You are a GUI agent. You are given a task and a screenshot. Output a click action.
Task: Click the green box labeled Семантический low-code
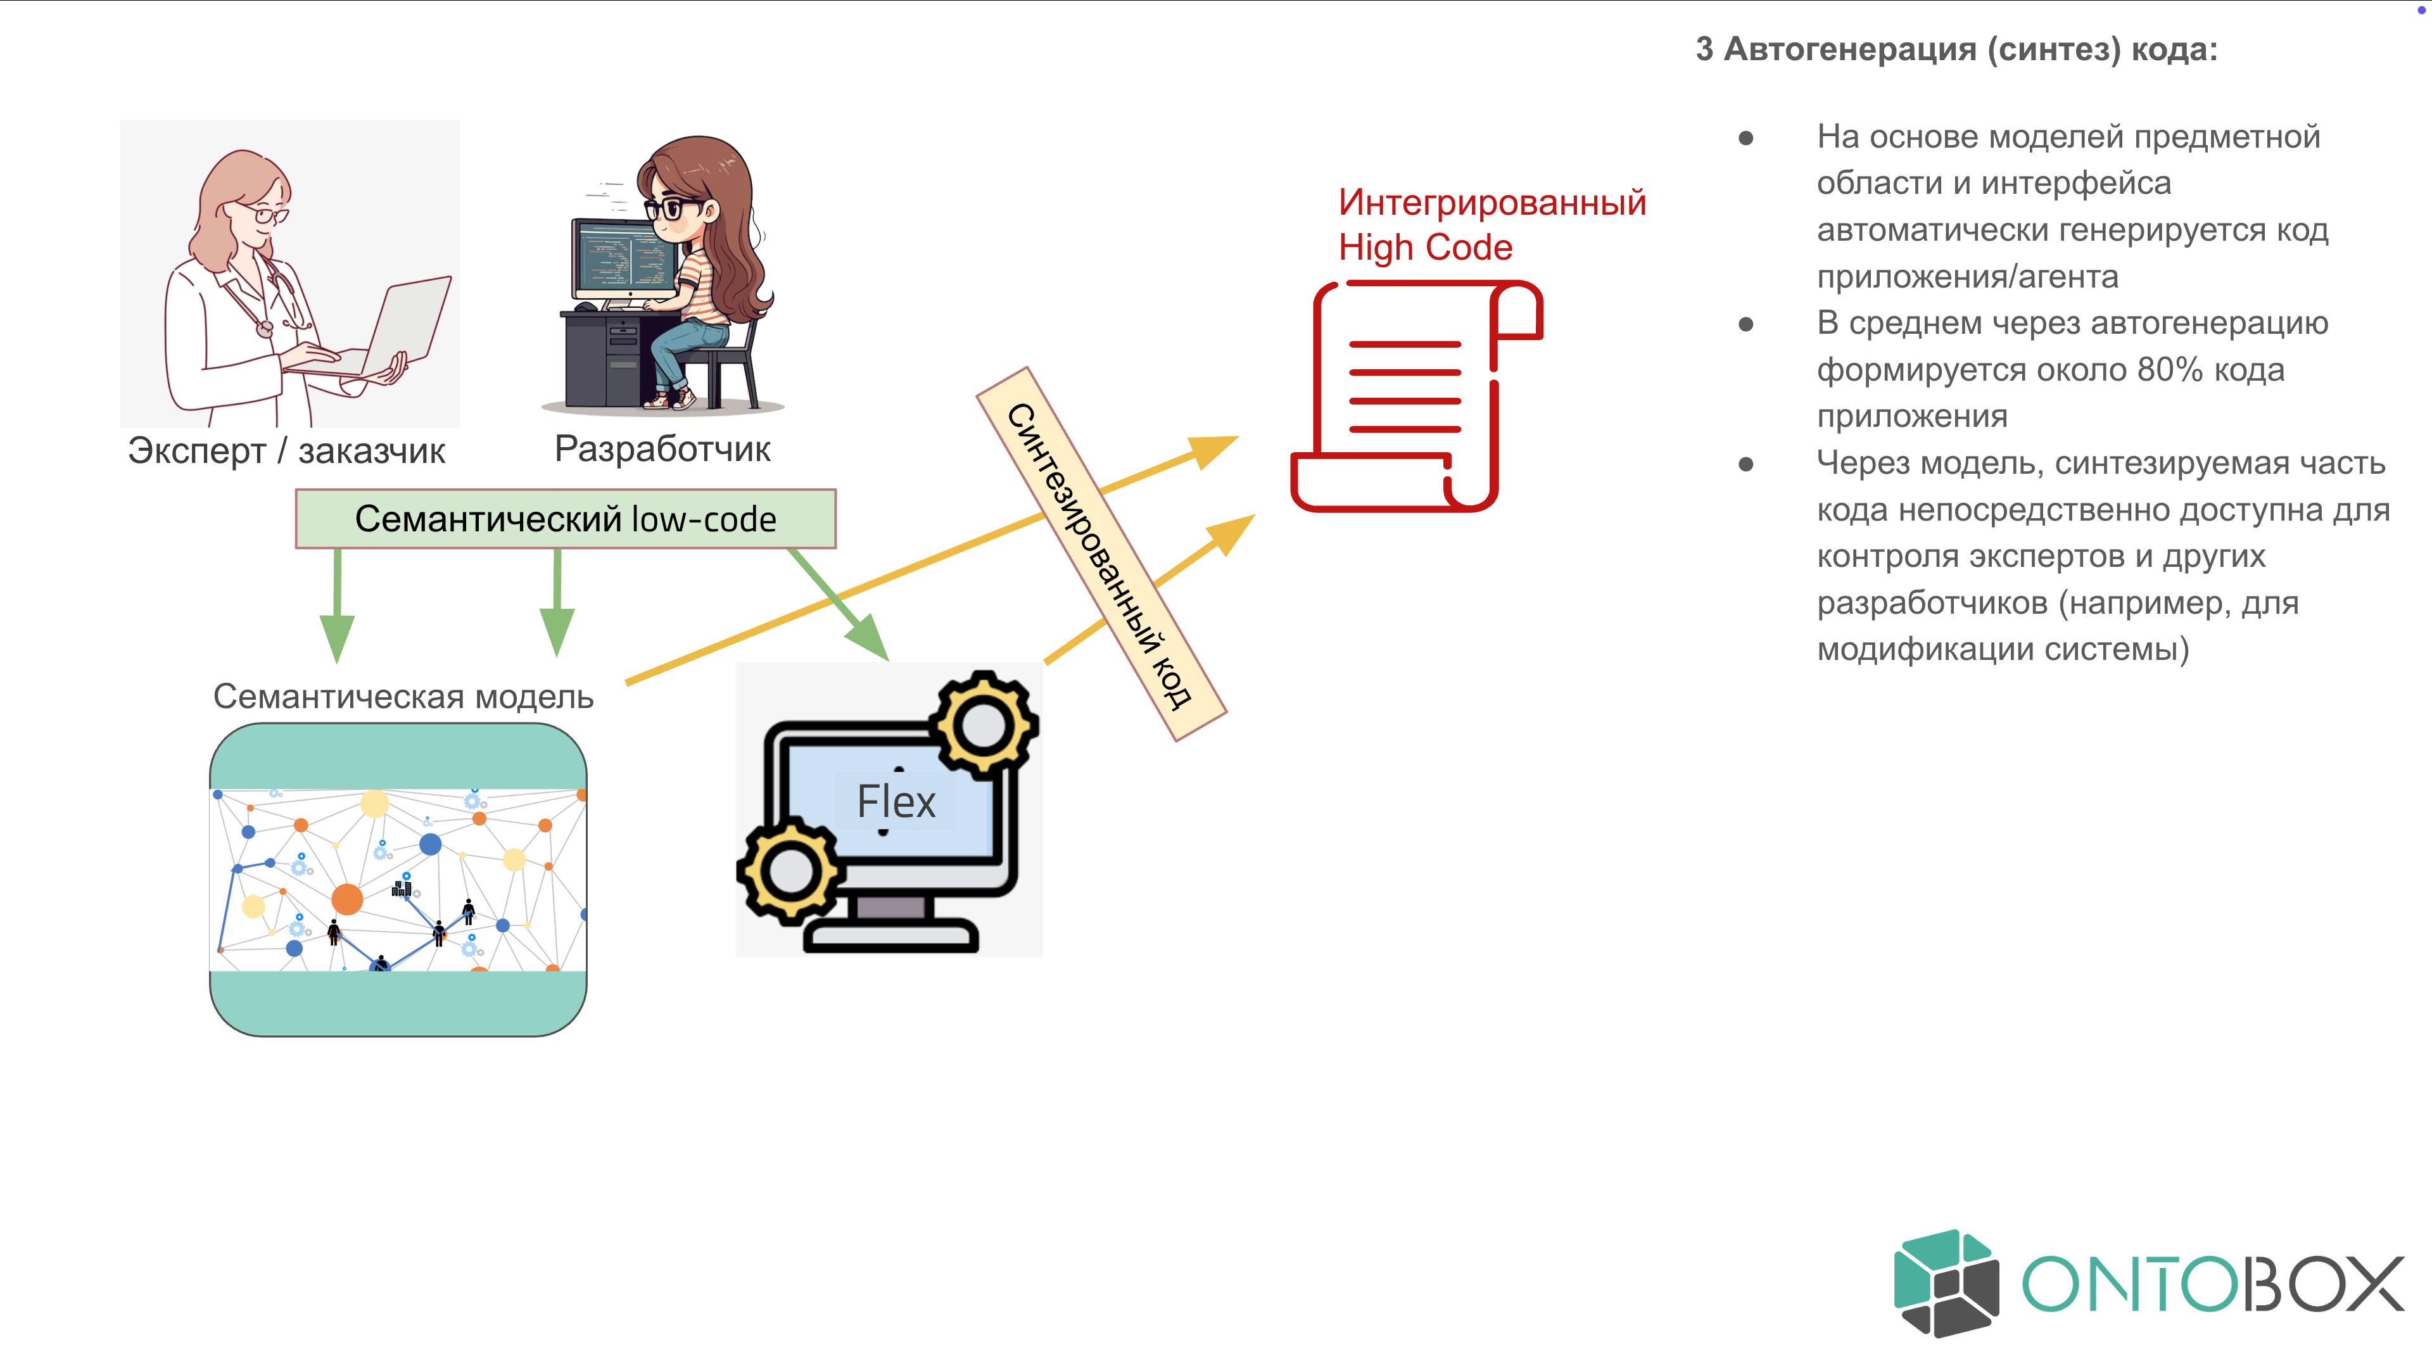pyautogui.click(x=566, y=518)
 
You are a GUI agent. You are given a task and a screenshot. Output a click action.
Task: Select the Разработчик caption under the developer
pyautogui.click(x=662, y=448)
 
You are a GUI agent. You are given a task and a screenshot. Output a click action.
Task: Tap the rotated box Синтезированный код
pyautogui.click(x=1101, y=554)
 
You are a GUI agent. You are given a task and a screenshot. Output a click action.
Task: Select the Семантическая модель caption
pyautogui.click(x=403, y=697)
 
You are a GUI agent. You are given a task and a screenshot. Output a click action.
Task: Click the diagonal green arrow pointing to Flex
pyautogui.click(x=839, y=604)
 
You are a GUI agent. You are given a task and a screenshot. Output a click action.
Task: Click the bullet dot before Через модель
pyautogui.click(x=1745, y=464)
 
